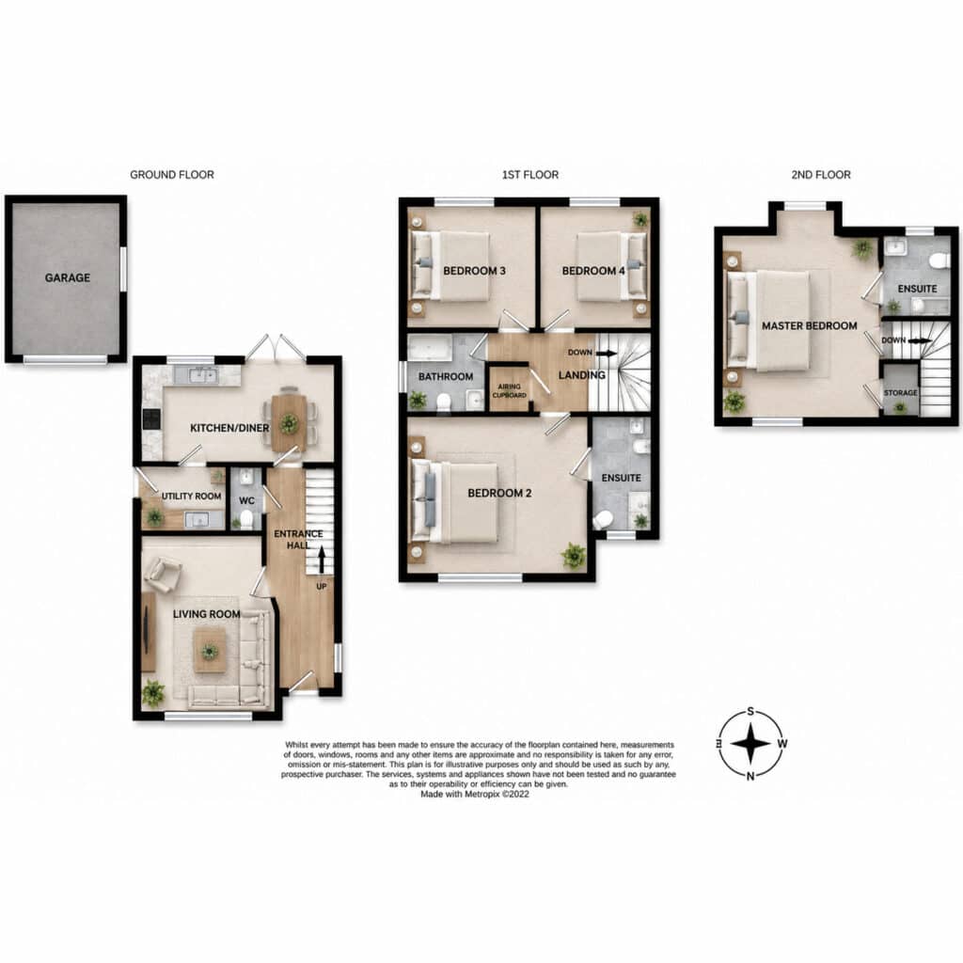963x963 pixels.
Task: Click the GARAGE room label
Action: pyautogui.click(x=68, y=277)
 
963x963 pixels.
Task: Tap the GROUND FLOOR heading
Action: pyautogui.click(x=172, y=175)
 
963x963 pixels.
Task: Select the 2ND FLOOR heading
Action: pyautogui.click(x=821, y=175)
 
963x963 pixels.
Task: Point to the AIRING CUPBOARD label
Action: pyautogui.click(x=510, y=390)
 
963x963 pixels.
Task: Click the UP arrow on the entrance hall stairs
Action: pyautogui.click(x=322, y=560)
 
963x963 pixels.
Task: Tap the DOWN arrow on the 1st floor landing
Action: pyautogui.click(x=607, y=354)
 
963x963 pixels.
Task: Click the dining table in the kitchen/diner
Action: pyautogui.click(x=289, y=422)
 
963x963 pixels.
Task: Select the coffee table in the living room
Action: pyautogui.click(x=210, y=652)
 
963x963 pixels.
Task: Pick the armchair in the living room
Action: pyautogui.click(x=162, y=575)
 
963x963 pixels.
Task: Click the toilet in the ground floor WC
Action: pyautogui.click(x=246, y=519)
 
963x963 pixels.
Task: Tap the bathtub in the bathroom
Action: pyautogui.click(x=430, y=348)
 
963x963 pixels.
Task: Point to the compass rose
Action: pyautogui.click(x=750, y=744)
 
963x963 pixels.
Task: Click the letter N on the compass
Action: pyautogui.click(x=750, y=776)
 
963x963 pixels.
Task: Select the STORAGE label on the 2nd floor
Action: pyautogui.click(x=900, y=392)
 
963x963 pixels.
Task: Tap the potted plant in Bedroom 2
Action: pyautogui.click(x=574, y=555)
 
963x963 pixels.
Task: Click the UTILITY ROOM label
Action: pyautogui.click(x=192, y=496)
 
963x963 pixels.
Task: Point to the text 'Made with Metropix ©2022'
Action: pyautogui.click(x=475, y=794)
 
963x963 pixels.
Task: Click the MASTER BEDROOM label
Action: pyautogui.click(x=810, y=326)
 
